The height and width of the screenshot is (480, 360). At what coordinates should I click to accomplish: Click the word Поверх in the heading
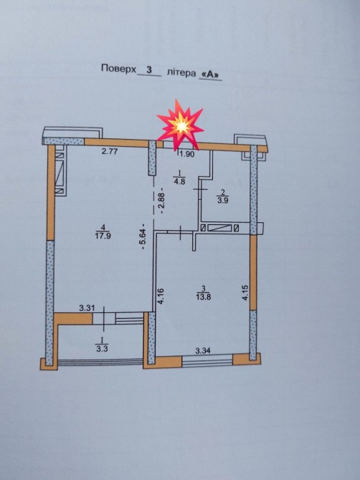[x=118, y=69]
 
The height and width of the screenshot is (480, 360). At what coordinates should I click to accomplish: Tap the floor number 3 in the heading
[x=149, y=69]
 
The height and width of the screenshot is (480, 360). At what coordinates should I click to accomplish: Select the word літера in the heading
[x=181, y=73]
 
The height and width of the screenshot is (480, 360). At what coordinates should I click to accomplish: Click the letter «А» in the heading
[x=211, y=75]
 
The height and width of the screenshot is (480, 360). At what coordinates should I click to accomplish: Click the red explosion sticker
[x=180, y=125]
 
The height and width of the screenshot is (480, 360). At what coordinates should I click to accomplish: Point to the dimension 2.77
[x=110, y=151]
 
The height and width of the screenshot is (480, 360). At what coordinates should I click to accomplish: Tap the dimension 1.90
[x=187, y=154]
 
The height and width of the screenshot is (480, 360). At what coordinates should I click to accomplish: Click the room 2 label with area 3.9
[x=223, y=197]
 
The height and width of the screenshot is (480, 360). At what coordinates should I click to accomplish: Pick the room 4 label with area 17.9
[x=103, y=231]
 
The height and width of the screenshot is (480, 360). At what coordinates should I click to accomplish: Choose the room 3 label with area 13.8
[x=204, y=293]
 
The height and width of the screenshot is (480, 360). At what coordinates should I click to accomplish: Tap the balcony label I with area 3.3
[x=102, y=345]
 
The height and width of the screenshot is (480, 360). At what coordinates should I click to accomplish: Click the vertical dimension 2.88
[x=162, y=200]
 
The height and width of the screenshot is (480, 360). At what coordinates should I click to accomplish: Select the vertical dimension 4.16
[x=161, y=297]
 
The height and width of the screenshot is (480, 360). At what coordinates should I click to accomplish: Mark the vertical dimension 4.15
[x=245, y=292]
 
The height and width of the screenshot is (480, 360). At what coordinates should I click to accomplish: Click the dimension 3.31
[x=87, y=308]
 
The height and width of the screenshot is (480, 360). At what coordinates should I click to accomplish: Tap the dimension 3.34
[x=203, y=351]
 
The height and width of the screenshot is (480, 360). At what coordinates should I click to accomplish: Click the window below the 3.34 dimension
[x=207, y=360]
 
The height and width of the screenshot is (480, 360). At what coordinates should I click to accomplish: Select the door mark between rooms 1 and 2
[x=200, y=190]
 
